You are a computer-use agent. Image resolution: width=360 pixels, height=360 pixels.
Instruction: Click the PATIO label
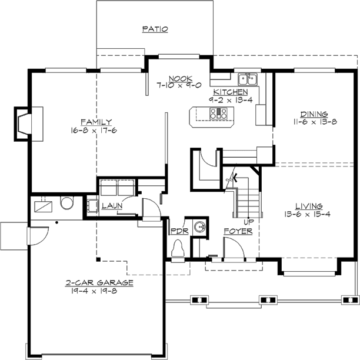155,29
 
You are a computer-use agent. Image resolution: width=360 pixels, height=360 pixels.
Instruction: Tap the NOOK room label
177,78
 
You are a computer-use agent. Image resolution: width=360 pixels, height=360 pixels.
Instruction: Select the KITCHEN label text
230,92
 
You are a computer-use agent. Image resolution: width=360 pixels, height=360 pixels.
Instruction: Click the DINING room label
314,114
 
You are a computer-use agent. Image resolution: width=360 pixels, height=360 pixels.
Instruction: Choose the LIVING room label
308,206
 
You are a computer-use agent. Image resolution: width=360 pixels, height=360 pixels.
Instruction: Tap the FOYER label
238,231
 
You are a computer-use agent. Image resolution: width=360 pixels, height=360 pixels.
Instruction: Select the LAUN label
111,206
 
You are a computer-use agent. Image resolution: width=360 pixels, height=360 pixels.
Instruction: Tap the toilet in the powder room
178,251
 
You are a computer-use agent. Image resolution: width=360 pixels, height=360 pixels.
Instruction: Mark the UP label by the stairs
248,222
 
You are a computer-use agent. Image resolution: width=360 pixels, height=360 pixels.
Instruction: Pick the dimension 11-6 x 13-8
314,122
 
